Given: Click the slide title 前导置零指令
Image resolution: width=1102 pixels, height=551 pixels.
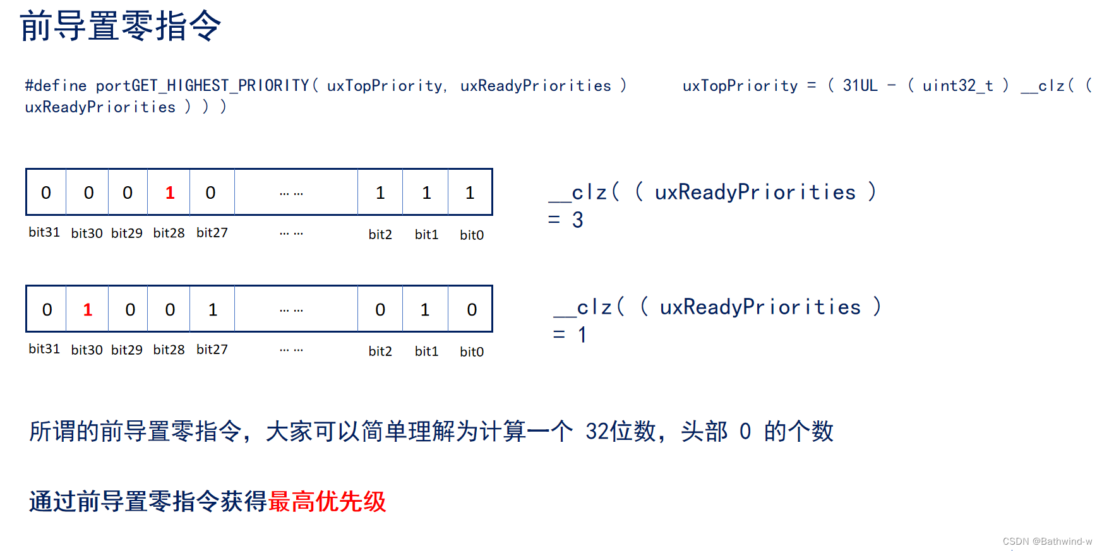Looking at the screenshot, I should coord(120,27).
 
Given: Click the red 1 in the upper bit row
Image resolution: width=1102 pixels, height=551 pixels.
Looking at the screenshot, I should coord(170,193).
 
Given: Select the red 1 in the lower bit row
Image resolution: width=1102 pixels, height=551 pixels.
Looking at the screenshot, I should coord(88,310).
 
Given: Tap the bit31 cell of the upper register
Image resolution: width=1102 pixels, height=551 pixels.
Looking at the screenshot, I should coord(46,193).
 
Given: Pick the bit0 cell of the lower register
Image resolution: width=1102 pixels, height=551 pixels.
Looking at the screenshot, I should coord(471,310).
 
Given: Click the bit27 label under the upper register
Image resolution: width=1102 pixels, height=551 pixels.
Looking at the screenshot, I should coord(212,233).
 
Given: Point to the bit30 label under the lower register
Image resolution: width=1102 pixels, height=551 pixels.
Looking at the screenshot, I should coord(87,350).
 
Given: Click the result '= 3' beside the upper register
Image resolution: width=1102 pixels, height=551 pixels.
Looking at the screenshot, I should coord(566,220).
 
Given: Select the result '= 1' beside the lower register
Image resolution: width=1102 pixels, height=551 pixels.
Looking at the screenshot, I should coord(570,335).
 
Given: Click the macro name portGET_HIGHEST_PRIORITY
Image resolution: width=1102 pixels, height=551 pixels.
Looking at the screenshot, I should coord(202,86).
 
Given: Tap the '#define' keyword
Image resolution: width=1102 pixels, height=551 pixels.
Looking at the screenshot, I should coord(56,86).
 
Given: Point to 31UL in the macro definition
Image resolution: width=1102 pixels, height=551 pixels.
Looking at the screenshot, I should coord(860,86).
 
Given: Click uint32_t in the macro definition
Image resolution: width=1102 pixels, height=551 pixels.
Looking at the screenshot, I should coord(957,86).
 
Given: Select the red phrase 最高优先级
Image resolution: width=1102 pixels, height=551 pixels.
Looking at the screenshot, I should coord(327,502).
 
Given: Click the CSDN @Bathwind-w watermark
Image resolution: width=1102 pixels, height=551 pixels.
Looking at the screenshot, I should coord(1047,542).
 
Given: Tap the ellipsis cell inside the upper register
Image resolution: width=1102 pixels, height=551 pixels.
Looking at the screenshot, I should coord(292,193).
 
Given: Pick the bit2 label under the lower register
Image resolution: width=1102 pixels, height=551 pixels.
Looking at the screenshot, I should coord(380,352).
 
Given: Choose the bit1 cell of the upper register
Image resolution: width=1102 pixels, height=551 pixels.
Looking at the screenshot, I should coord(426,193).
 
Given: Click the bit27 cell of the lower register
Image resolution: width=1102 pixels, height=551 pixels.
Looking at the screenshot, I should coord(213,310).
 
